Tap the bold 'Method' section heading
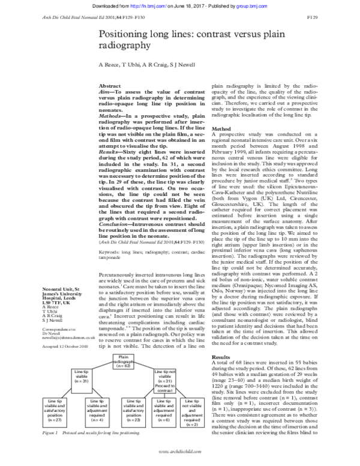221,129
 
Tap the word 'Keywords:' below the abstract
109,253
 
